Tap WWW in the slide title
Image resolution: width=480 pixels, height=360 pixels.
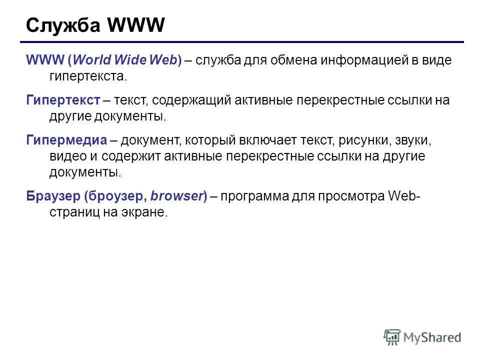(136, 25)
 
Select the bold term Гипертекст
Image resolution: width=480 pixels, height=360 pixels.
(63, 100)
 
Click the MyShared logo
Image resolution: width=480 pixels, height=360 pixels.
(422, 337)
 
